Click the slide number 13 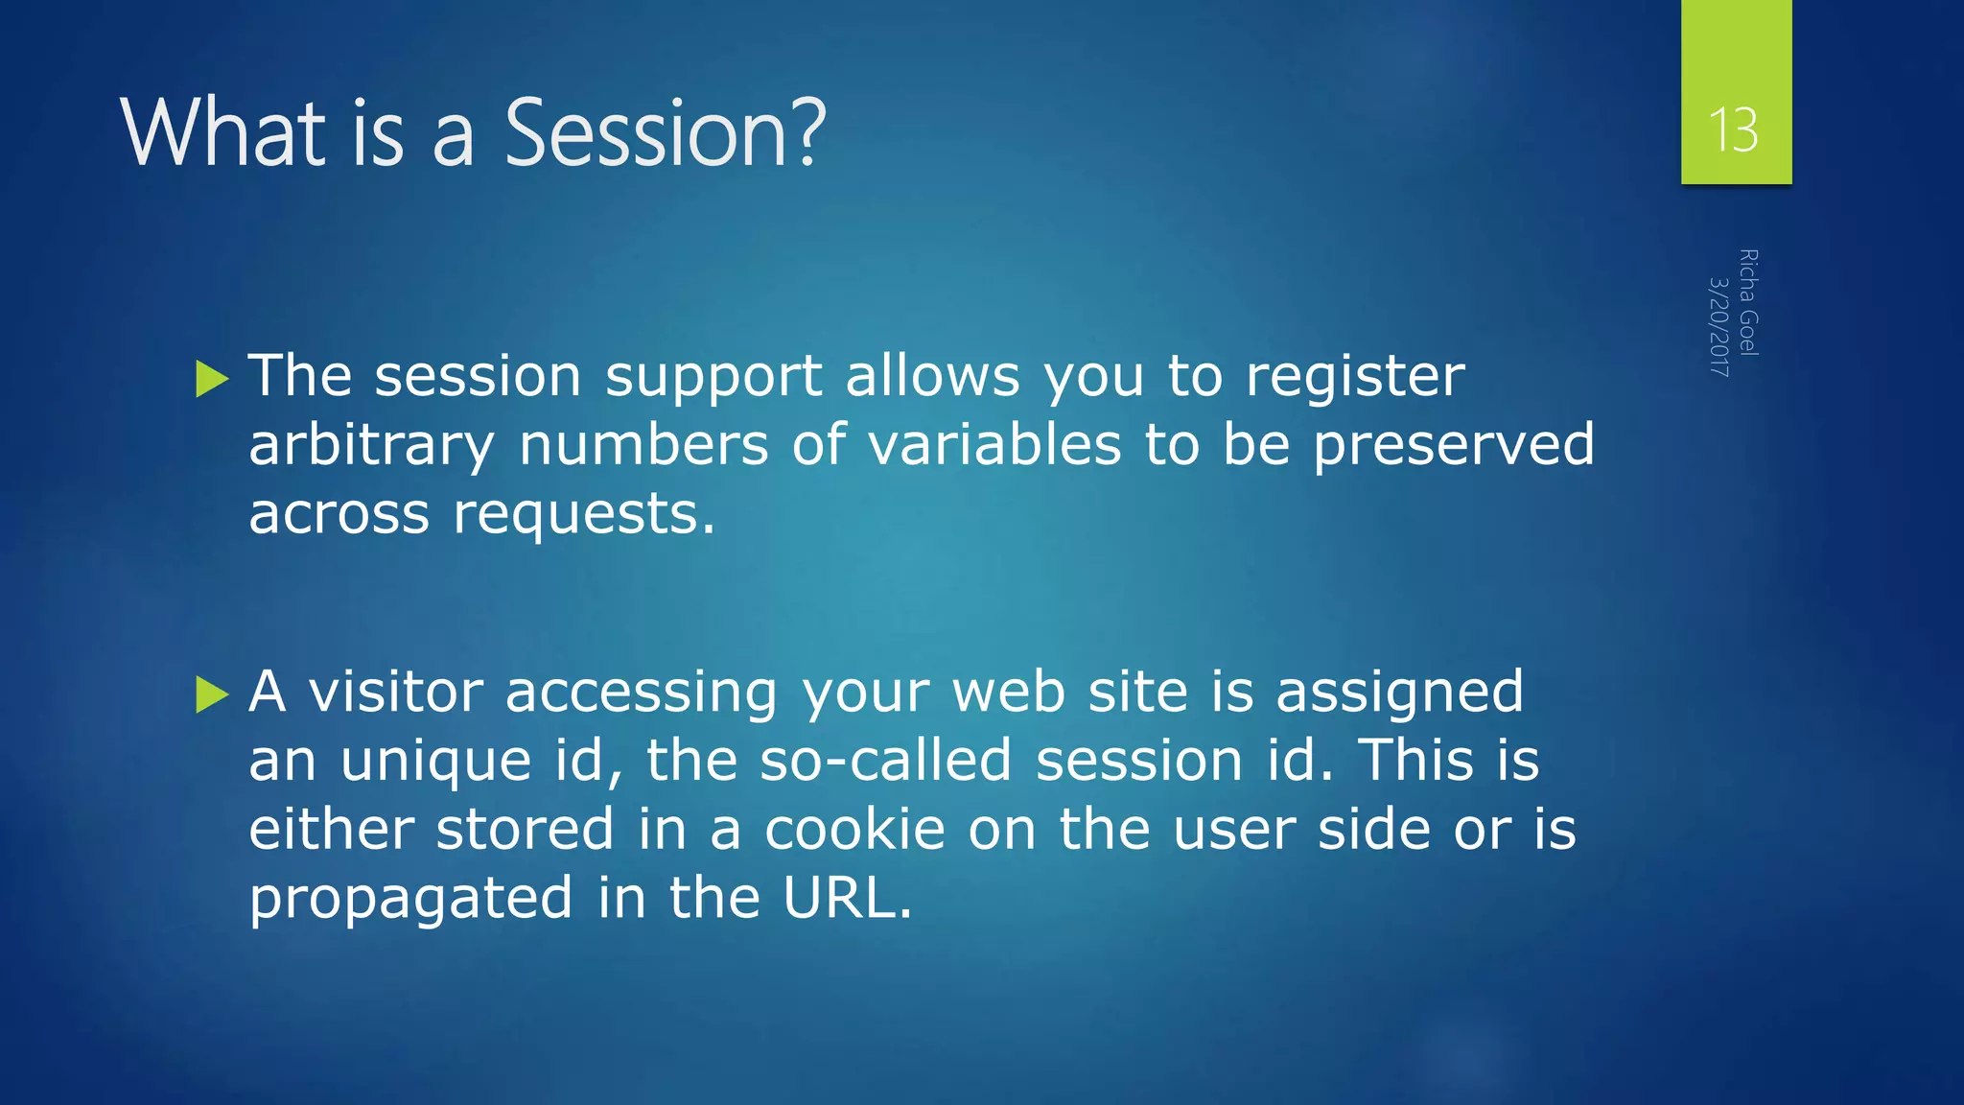[1734, 130]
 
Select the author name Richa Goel [1748, 302]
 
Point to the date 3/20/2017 [1719, 326]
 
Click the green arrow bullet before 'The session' [212, 379]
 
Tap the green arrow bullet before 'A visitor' [212, 694]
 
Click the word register [1354, 375]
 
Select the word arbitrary [371, 445]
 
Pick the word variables [994, 444]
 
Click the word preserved [1453, 445]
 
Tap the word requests [583, 515]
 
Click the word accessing [641, 693]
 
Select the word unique [436, 762]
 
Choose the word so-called [885, 760]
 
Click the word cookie [854, 829]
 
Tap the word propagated [410, 900]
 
